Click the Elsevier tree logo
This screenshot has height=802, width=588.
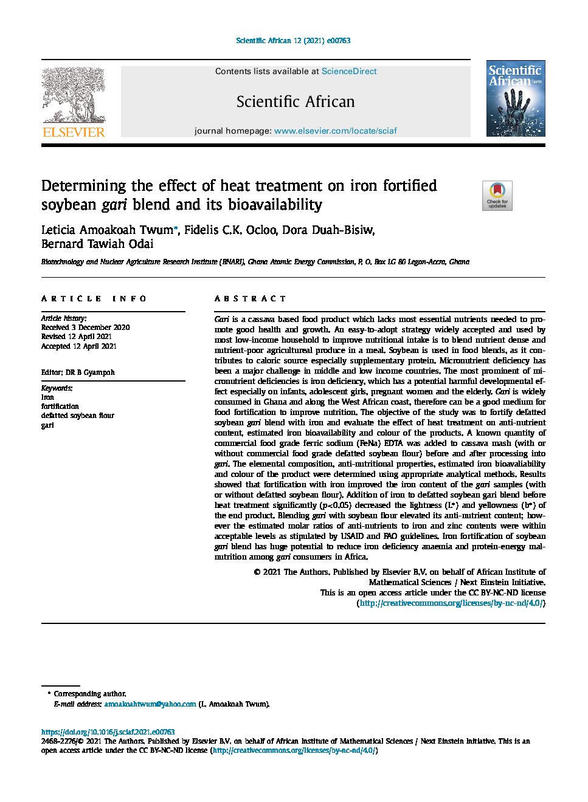pyautogui.click(x=73, y=94)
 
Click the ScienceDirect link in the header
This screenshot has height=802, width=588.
pyautogui.click(x=349, y=71)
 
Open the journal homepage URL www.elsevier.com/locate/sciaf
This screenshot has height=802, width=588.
pyautogui.click(x=335, y=131)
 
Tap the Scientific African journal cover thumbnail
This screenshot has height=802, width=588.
pyautogui.click(x=516, y=98)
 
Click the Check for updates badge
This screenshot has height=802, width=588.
pyautogui.click(x=497, y=196)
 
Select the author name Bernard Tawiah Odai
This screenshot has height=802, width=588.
pyautogui.click(x=97, y=244)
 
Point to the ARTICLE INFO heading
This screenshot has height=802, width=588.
pyautogui.click(x=94, y=298)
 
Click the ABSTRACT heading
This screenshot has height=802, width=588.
pyautogui.click(x=250, y=298)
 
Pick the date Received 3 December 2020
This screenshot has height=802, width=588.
pyautogui.click(x=85, y=327)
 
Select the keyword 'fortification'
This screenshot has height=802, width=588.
pyautogui.click(x=60, y=406)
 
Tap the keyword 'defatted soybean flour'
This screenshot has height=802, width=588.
pyautogui.click(x=78, y=416)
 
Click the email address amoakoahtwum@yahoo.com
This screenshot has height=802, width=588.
pyautogui.click(x=150, y=704)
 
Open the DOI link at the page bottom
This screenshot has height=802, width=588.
pyautogui.click(x=108, y=732)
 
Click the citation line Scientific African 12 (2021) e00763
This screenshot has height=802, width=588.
pyautogui.click(x=293, y=41)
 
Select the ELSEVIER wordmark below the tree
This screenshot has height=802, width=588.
pyautogui.click(x=74, y=132)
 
